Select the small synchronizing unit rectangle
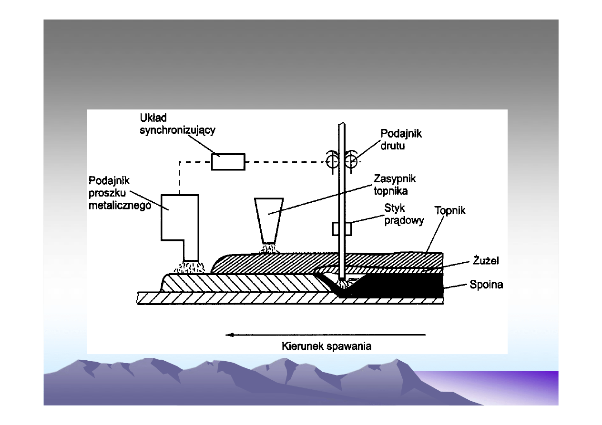point(228,162)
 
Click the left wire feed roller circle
point(333,162)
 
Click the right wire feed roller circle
point(351,162)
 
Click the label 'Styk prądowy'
point(404,215)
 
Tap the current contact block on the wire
point(342,228)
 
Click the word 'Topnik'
point(450,210)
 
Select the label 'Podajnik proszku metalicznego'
point(120,193)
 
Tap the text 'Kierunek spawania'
point(327,346)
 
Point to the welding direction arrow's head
point(229,335)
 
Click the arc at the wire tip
point(342,285)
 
